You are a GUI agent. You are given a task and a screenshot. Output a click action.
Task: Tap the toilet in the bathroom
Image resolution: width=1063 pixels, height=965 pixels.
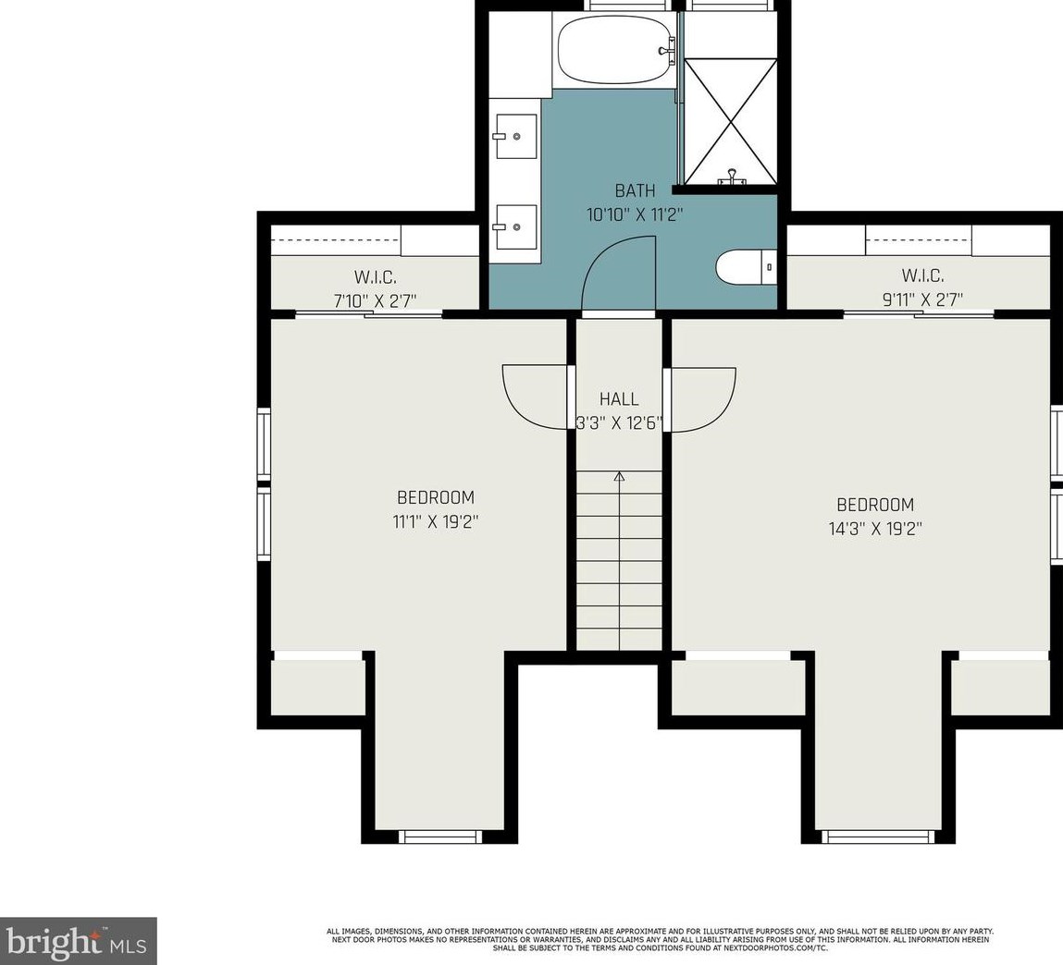(746, 268)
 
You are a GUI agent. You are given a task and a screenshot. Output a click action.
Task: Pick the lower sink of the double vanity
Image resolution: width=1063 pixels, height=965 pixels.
(513, 226)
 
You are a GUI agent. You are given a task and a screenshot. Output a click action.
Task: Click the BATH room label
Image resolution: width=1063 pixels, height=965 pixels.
(635, 191)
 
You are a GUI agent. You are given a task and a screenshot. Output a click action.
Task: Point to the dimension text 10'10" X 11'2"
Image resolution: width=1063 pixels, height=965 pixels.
(635, 214)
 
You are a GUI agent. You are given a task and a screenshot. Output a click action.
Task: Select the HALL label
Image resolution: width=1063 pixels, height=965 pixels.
(619, 399)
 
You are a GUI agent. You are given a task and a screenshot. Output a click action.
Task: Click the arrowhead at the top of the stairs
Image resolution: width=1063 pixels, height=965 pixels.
(619, 477)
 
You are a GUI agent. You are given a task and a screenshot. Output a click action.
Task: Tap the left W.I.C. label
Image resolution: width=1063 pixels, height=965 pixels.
(375, 276)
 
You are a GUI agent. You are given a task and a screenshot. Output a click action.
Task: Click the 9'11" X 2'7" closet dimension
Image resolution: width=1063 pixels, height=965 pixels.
(921, 299)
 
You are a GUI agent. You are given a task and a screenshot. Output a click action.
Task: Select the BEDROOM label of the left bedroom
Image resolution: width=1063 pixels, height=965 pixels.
(435, 497)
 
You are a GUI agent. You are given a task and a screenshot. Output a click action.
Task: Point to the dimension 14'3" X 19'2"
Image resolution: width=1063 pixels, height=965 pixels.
(874, 529)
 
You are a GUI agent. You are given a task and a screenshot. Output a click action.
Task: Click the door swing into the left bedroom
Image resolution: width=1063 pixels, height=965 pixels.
(534, 397)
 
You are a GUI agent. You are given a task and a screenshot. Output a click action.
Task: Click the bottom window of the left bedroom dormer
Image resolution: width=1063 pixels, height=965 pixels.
(440, 837)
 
